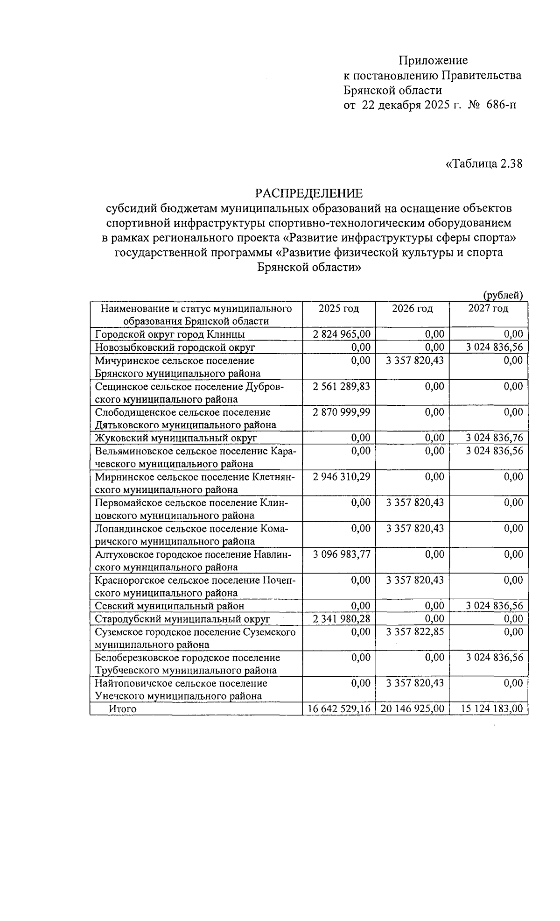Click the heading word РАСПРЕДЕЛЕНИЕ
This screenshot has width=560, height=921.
(308, 193)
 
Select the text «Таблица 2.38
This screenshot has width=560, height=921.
(484, 164)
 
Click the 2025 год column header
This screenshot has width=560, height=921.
(339, 309)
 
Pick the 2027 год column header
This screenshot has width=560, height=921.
(488, 309)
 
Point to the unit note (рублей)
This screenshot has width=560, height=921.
(502, 295)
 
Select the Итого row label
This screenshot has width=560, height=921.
(123, 709)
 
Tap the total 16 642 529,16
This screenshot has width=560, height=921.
(339, 709)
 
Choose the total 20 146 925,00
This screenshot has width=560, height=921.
(413, 709)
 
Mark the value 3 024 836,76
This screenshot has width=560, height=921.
(494, 438)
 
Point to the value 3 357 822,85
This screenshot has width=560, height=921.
(415, 632)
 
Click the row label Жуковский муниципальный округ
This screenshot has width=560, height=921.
(176, 438)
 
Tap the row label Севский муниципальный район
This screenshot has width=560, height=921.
(169, 606)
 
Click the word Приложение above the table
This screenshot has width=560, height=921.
(433, 60)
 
